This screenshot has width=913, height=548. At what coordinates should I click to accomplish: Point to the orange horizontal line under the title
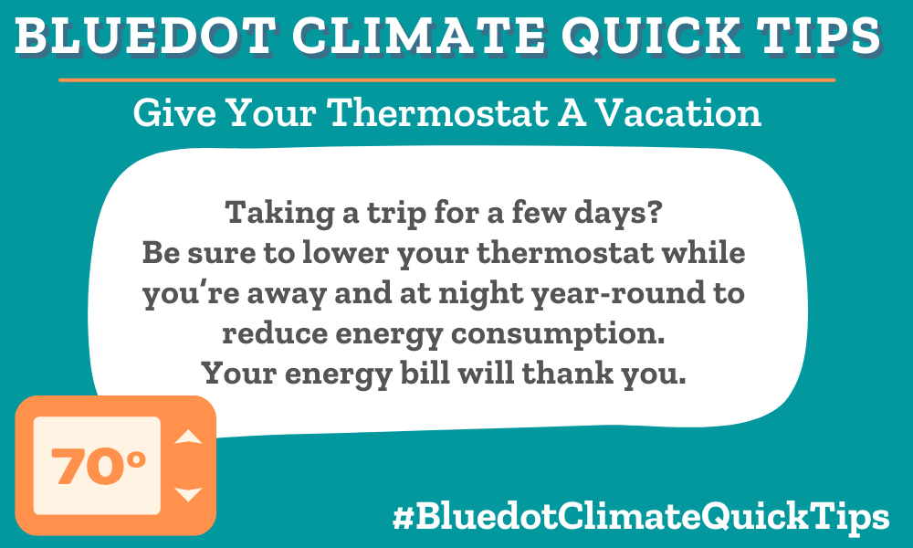(447, 79)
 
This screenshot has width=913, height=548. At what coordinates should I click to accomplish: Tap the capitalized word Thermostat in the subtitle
(438, 112)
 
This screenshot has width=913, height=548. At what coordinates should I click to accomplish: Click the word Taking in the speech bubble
(279, 213)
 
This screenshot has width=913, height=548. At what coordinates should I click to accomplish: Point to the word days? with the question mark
(618, 212)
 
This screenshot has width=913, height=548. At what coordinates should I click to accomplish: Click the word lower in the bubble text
(345, 253)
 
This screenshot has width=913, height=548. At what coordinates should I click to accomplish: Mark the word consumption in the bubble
(558, 334)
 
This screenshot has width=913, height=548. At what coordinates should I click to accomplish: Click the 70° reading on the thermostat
(98, 466)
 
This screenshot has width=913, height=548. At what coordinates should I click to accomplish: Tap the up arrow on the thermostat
(188, 437)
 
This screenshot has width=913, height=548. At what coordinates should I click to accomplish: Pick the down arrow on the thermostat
(188, 494)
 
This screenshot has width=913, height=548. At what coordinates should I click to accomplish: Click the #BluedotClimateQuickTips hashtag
(641, 516)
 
